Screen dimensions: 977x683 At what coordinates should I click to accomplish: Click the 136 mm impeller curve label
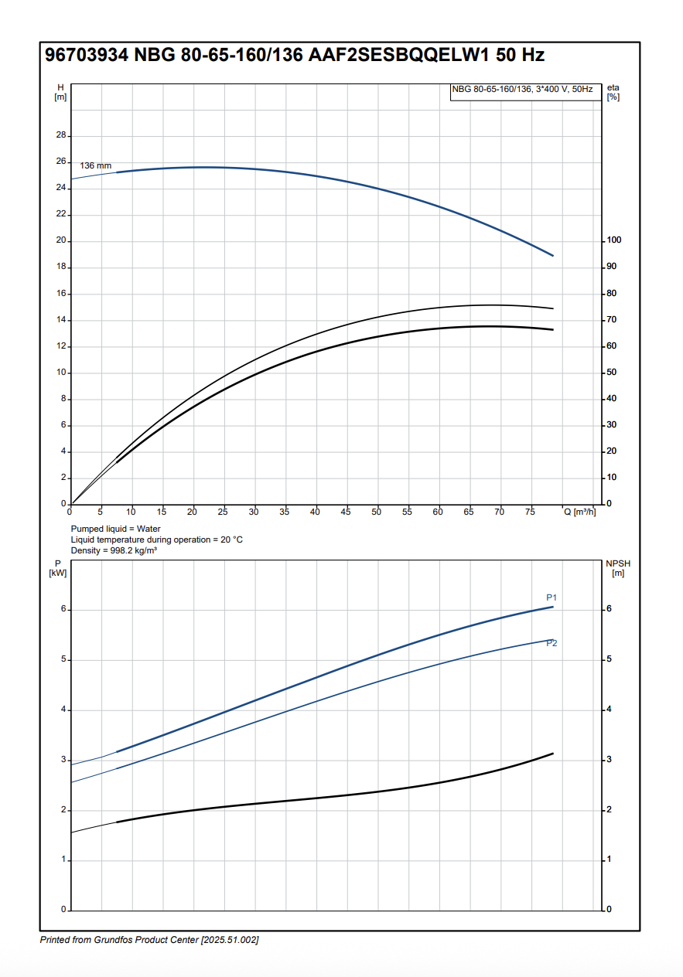coord(96,166)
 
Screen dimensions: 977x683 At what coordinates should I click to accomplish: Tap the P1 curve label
coord(552,597)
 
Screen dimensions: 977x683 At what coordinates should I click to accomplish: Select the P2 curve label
coord(552,644)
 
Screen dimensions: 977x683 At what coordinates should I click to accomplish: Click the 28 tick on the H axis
coord(60,135)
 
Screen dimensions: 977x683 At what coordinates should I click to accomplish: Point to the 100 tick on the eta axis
coord(613,240)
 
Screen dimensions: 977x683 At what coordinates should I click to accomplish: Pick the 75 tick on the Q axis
coord(530,512)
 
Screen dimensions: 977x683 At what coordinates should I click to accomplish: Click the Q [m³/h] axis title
coord(580,512)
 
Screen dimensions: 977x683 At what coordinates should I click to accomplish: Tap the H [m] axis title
coord(60,92)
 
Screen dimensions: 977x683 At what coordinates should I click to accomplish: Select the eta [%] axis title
coord(613,92)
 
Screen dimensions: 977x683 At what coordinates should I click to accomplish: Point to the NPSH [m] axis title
coord(618,568)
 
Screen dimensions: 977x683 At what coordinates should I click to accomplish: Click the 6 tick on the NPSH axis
coord(609,609)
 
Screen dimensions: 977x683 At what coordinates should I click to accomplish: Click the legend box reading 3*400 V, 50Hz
coord(522,90)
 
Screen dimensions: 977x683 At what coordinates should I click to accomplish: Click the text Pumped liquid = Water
coord(115,529)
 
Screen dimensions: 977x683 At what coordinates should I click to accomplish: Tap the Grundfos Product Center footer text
coord(149,940)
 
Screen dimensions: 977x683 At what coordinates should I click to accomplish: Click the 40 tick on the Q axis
coord(316,512)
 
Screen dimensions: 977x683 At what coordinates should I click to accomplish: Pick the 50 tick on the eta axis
coord(611,373)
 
